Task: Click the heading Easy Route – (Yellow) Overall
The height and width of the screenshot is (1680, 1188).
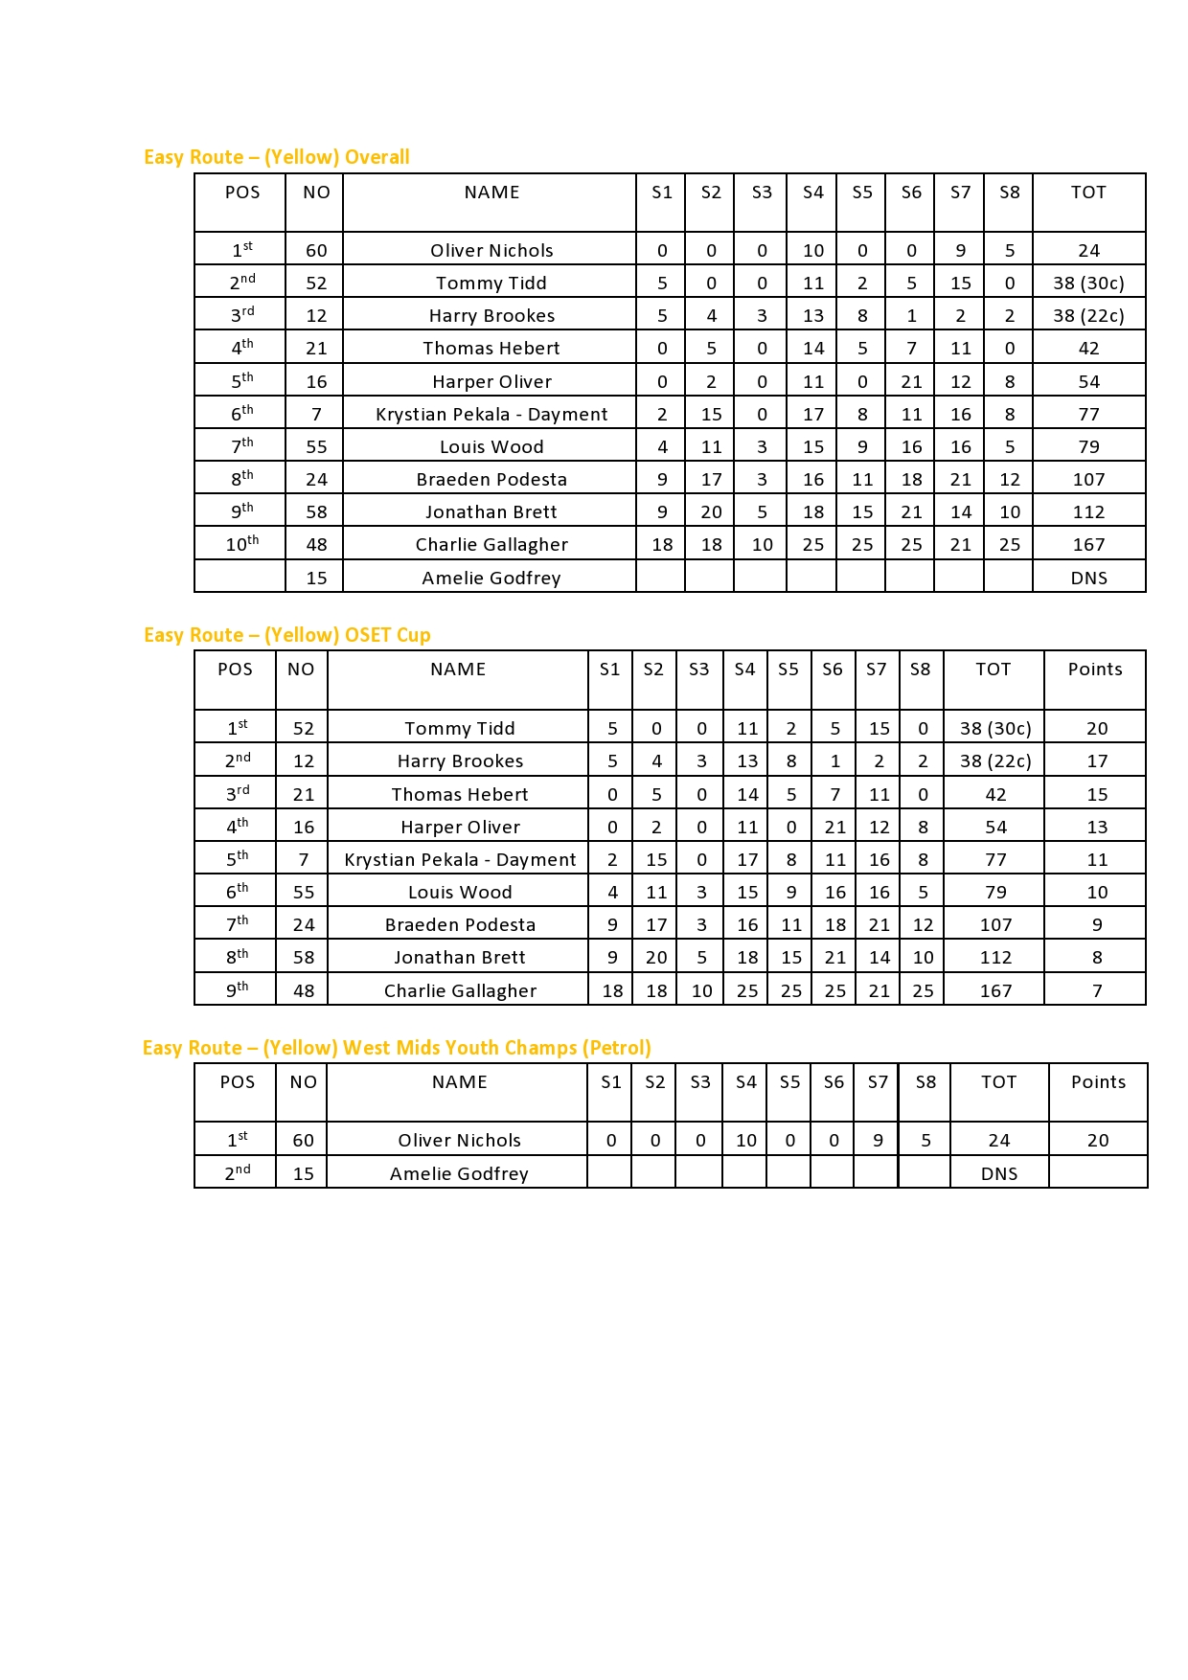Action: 277,157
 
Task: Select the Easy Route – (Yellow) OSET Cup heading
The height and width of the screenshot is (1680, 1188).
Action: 287,635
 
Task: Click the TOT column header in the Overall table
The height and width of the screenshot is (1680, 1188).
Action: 1088,193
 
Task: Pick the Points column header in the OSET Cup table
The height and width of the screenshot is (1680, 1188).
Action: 1095,670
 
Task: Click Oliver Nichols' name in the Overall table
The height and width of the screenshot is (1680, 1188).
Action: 491,251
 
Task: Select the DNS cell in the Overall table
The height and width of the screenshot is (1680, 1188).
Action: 1089,579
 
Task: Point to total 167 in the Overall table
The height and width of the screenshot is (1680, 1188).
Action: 1089,545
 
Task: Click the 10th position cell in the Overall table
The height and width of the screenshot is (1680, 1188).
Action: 241,544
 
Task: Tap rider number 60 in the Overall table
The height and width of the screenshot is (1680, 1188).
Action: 316,251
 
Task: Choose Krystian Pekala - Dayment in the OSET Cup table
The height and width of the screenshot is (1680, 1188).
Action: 460,860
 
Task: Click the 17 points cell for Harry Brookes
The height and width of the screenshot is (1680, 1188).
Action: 1097,761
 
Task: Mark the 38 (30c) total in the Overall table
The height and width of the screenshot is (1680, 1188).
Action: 1088,284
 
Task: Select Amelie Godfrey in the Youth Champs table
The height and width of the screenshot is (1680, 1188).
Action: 459,1174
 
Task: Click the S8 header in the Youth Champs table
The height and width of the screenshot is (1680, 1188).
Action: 925,1082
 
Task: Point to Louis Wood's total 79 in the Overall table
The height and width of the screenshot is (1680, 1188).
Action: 1089,447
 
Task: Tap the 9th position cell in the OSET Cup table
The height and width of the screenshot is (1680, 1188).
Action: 237,990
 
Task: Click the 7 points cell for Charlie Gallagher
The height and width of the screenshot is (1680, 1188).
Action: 1097,991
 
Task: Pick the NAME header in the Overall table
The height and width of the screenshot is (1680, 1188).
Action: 491,193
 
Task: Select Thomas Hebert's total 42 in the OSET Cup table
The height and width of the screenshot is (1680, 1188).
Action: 995,795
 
